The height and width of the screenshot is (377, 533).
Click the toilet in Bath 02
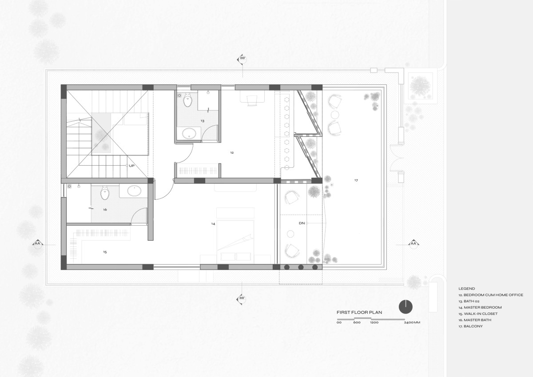188,100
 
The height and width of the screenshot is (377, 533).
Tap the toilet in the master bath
104,193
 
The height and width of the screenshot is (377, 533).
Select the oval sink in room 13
189,133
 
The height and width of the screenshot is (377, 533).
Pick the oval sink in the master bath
135,191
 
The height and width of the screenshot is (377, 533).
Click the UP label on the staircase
131,166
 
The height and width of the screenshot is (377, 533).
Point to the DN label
302,223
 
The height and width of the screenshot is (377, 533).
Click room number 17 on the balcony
356,180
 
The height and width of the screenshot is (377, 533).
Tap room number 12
232,153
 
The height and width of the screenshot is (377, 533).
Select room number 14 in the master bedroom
213,224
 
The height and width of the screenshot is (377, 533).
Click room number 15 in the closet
105,252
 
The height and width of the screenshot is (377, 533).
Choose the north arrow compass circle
406,307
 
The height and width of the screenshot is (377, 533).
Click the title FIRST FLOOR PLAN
359,313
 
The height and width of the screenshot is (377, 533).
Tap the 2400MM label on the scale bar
412,322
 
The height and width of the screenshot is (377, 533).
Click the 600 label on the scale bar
357,322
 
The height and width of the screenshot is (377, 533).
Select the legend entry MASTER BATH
477,320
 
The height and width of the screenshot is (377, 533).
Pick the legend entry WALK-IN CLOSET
481,314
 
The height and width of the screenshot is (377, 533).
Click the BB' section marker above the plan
242,58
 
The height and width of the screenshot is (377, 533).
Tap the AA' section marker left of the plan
38,244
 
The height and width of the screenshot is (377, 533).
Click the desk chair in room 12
252,100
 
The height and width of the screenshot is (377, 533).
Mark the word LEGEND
467,289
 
